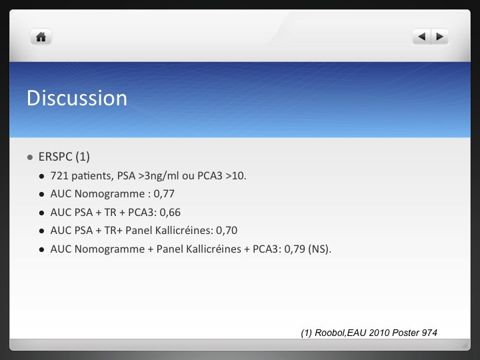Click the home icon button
(x=41, y=37)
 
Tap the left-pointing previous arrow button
(x=421, y=37)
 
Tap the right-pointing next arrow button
(x=440, y=37)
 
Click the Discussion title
(x=77, y=98)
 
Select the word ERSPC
(x=55, y=157)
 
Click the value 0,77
(x=164, y=194)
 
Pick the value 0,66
(x=170, y=212)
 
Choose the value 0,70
(x=227, y=230)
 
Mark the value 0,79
(x=295, y=249)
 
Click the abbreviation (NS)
(x=319, y=249)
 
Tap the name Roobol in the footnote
(x=329, y=333)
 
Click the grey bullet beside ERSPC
(x=30, y=157)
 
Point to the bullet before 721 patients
(x=42, y=176)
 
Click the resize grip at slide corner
(x=465, y=345)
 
